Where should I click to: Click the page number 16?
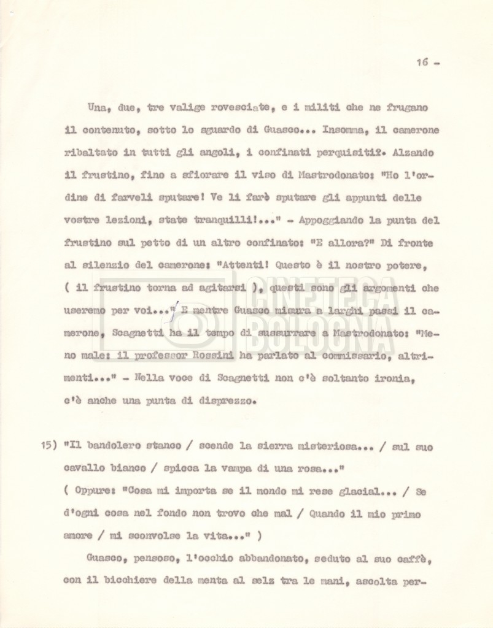(x=422, y=63)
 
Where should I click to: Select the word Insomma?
(x=330, y=130)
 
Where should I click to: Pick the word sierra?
(x=276, y=447)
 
